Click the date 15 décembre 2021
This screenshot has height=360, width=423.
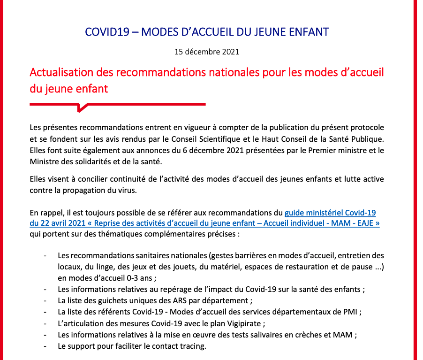click(x=207, y=52)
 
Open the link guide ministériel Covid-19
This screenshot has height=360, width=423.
click(x=330, y=213)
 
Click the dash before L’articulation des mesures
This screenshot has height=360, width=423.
click(x=45, y=323)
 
